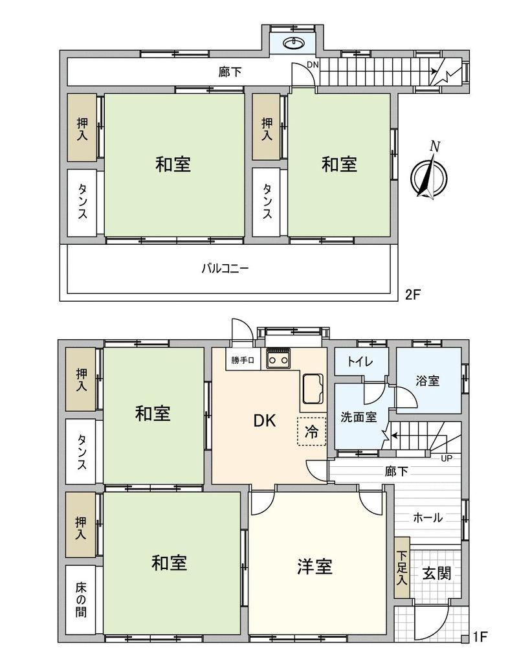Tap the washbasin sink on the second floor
click(x=294, y=43)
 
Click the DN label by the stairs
click(x=313, y=65)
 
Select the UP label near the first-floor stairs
click(x=446, y=458)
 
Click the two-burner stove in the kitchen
click(x=278, y=359)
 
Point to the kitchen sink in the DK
click(x=313, y=388)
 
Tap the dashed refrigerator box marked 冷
click(x=311, y=431)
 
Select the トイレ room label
click(x=360, y=361)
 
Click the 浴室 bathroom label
click(x=427, y=381)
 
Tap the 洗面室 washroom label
click(x=359, y=418)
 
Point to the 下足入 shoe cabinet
click(x=402, y=567)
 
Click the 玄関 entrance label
click(x=437, y=574)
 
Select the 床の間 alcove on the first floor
click(x=81, y=600)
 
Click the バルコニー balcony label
click(x=225, y=269)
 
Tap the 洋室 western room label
click(x=315, y=567)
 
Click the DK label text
click(x=265, y=421)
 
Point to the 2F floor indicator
click(x=413, y=295)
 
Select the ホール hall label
click(x=427, y=517)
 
